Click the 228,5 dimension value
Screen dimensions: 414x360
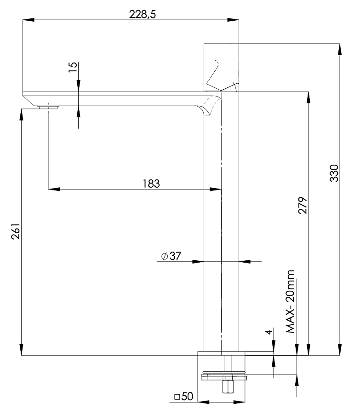pyautogui.click(x=143, y=14)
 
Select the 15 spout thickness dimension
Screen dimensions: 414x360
pyautogui.click(x=73, y=68)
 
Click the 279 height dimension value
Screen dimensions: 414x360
pyautogui.click(x=303, y=205)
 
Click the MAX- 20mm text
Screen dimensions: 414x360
pyautogui.click(x=290, y=302)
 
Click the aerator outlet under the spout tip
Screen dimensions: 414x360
pyautogui.click(x=48, y=107)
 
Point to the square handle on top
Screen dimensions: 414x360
pyautogui.click(x=222, y=67)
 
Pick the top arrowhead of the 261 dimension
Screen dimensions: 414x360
pyautogui.click(x=22, y=113)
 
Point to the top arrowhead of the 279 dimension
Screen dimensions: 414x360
pyautogui.click(x=308, y=97)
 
